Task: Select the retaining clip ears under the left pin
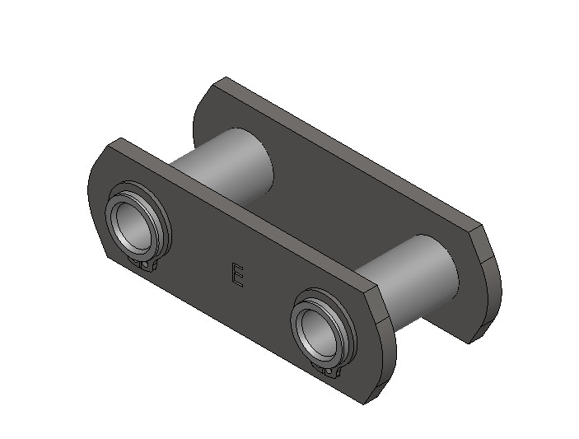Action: (x=147, y=265)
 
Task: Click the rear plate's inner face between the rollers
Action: (x=329, y=206)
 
